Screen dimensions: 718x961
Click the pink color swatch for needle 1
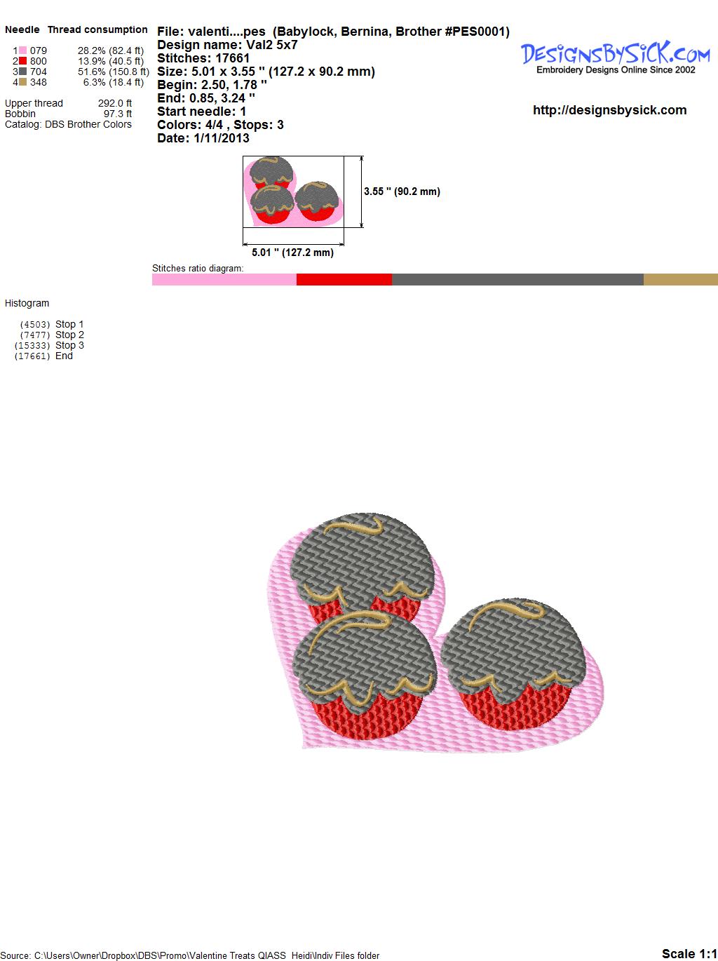22,51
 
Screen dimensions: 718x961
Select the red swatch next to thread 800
22,61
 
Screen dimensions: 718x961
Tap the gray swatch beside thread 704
22,72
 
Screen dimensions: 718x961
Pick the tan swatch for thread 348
22,82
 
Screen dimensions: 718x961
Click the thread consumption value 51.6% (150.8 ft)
114,72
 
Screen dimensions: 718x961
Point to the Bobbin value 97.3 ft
117,114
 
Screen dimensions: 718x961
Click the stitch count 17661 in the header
232,58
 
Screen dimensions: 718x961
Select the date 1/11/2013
222,138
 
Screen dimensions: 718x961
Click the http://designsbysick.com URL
609,110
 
